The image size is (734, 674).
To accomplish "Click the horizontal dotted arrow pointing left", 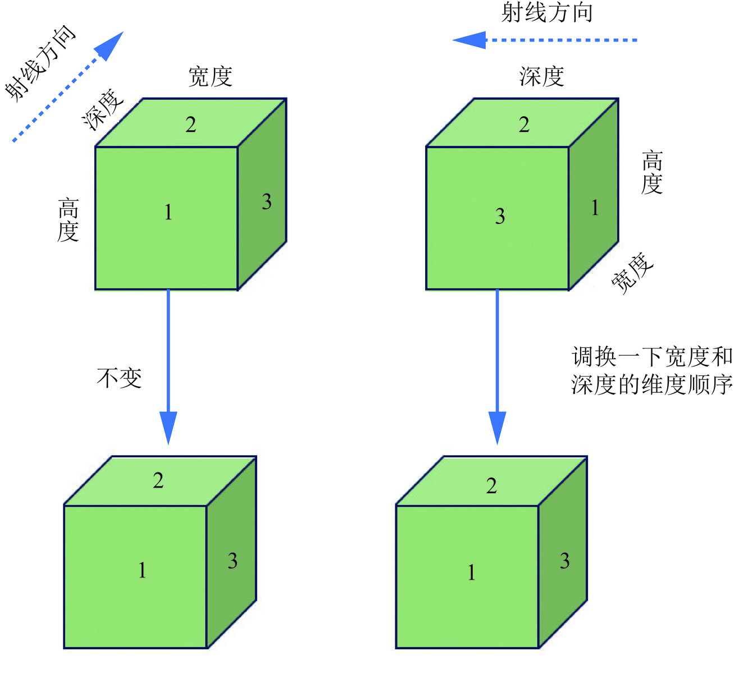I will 545,40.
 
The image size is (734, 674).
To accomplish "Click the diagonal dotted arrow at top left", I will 67,87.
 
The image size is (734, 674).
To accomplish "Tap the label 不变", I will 119,378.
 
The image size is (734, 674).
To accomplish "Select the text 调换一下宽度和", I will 652,356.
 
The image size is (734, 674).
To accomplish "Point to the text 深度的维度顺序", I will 652,385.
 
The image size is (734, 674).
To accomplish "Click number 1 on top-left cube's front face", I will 168,213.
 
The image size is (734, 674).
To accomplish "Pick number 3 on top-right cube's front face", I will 500,216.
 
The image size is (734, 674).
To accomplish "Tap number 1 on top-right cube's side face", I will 595,208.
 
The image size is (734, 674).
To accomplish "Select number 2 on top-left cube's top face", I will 191,125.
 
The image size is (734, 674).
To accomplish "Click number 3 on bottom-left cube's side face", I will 232,561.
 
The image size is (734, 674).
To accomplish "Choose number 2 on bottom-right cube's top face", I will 491,485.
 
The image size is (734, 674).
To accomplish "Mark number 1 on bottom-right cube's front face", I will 471,572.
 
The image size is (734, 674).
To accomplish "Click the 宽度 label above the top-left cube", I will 211,77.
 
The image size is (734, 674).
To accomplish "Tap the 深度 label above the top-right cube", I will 541,77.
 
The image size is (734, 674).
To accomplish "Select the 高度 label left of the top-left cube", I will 68,219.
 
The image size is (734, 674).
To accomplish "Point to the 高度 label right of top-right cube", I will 652,172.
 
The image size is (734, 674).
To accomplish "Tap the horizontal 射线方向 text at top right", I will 547,13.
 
